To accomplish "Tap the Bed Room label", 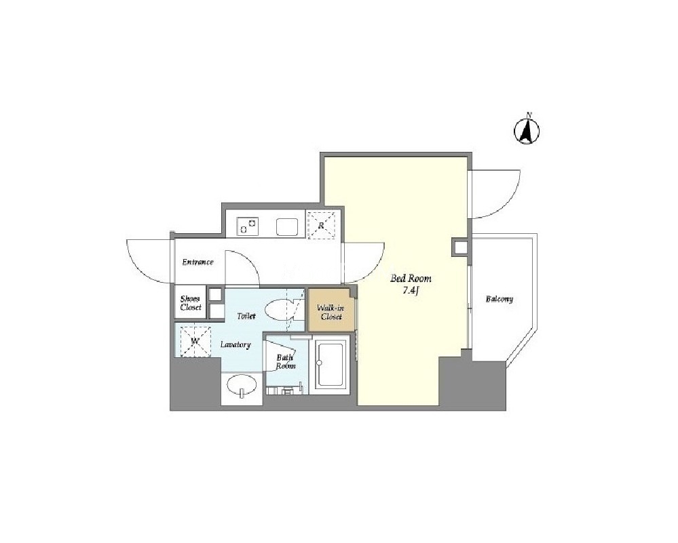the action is (411, 279).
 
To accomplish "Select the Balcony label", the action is (499, 299).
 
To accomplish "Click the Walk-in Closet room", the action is (331, 311).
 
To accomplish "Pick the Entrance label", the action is (197, 262).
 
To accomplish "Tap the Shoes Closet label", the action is (191, 303).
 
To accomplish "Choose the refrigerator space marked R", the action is (321, 224).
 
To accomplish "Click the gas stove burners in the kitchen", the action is (247, 226).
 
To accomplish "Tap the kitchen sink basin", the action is (287, 227).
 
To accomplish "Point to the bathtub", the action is (331, 364).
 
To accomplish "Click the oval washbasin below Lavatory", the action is (242, 384).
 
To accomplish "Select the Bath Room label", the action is (286, 361).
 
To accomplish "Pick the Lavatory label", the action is (236, 345).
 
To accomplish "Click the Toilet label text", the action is (246, 316).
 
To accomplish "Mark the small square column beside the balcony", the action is (459, 247).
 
